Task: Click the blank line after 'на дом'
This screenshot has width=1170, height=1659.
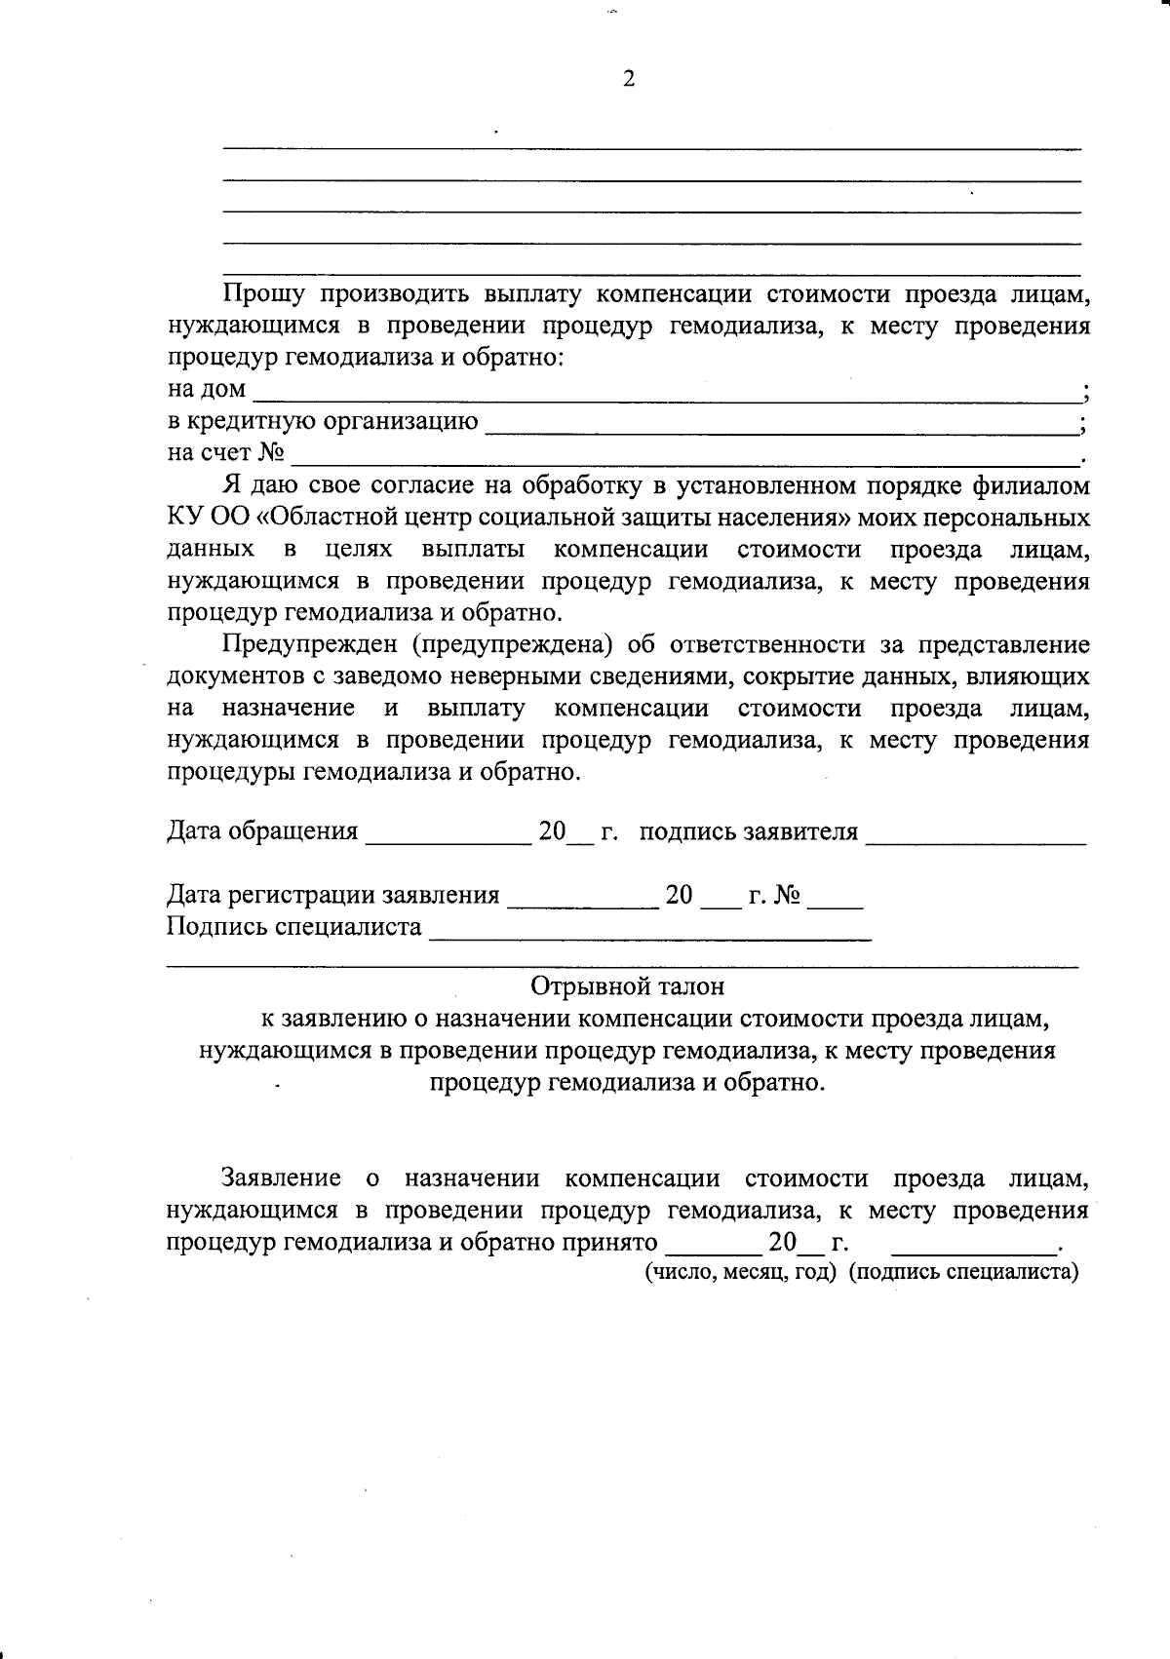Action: [667, 396]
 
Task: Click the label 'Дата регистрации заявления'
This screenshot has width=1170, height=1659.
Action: [333, 895]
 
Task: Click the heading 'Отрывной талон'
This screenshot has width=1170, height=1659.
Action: [628, 986]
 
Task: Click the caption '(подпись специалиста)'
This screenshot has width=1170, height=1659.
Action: [963, 1272]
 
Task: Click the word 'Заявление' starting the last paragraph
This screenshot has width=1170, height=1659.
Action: [282, 1178]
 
